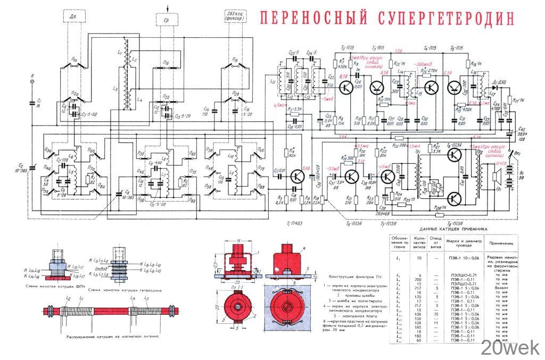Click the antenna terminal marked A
click(32, 82)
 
